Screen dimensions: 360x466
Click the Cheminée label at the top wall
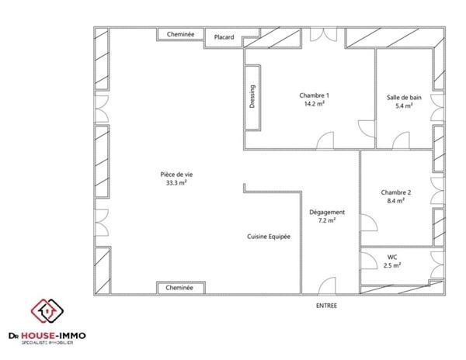179,35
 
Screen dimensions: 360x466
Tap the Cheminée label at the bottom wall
179,288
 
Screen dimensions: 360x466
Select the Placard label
224,37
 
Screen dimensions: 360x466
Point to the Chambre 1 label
314,95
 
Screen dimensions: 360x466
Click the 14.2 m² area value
314,105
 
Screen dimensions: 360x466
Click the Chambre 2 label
395,192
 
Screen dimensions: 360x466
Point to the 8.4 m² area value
395,201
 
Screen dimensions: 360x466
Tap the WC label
392,257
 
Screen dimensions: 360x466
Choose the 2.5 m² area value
392,265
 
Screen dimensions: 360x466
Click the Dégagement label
327,212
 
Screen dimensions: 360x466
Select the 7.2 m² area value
327,220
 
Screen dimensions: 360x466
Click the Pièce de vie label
176,175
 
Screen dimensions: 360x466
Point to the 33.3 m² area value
176,183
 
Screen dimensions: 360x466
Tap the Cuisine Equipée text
269,237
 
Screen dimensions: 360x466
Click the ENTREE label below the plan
327,306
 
